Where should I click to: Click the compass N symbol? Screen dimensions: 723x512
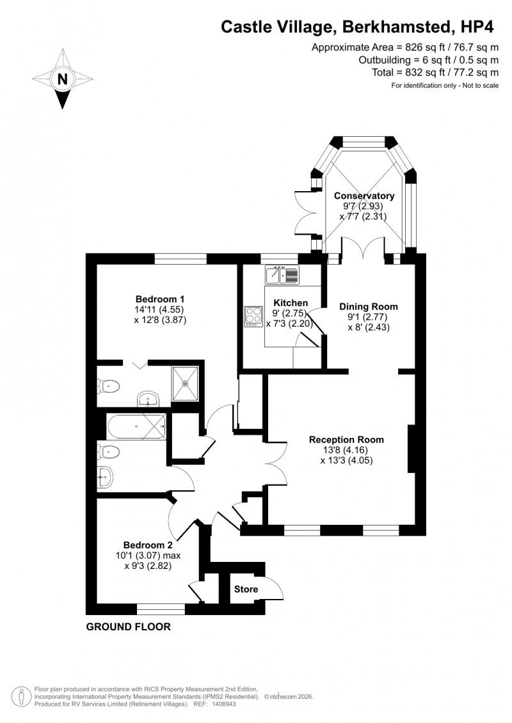62,80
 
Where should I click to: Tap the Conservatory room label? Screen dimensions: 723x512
364,196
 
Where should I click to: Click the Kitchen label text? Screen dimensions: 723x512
291,302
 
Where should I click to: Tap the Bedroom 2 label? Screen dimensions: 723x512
148,545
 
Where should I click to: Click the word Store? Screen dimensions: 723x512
246,589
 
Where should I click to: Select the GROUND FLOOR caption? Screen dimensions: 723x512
129,627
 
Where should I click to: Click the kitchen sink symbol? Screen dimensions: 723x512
282,275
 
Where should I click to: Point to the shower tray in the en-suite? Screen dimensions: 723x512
186,384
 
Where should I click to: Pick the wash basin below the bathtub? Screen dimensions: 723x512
105,476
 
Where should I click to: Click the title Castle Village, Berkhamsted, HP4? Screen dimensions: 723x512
359,26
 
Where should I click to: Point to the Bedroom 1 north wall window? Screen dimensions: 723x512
180,258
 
